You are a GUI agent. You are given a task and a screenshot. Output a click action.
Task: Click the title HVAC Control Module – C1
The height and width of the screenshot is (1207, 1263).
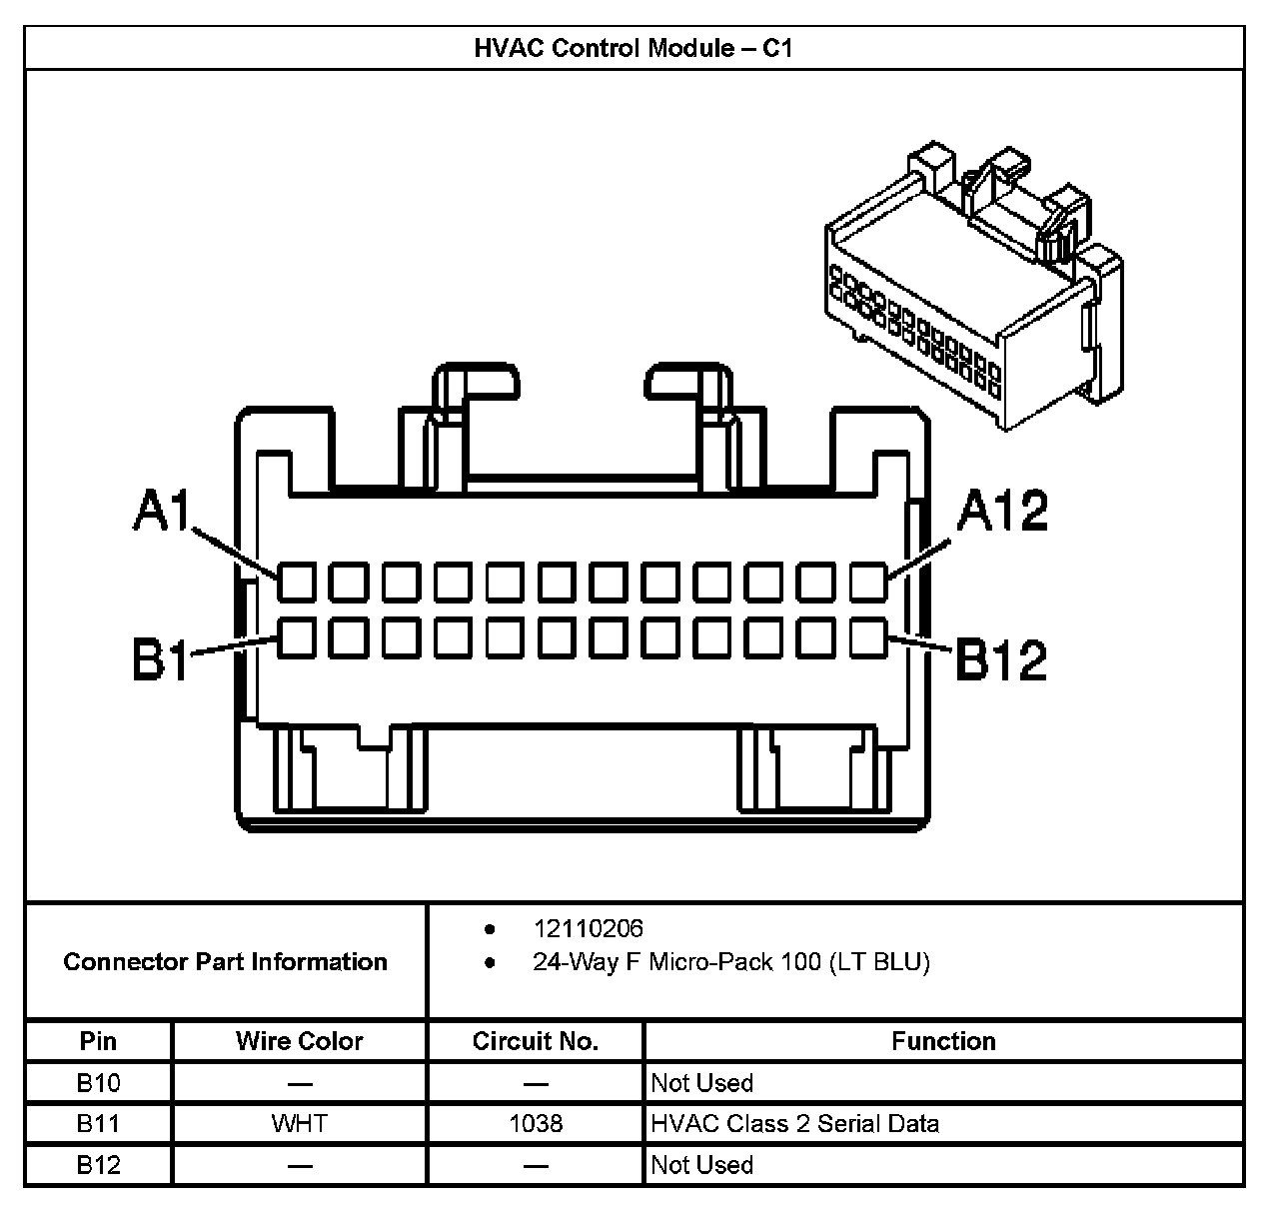coord(633,48)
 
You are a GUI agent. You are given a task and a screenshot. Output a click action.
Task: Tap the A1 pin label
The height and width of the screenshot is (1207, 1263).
coord(162,512)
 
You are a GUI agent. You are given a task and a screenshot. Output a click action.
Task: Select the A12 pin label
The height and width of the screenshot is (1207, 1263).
coord(1002,511)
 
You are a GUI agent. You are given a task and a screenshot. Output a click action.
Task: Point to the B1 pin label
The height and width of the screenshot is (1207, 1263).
coord(160,659)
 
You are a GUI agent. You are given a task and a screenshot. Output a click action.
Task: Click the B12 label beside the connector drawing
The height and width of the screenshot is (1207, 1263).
coord(1001,659)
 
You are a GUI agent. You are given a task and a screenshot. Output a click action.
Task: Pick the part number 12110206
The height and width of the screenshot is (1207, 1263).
coord(588,929)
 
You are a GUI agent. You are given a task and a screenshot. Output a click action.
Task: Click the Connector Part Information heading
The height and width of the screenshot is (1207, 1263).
coord(225,962)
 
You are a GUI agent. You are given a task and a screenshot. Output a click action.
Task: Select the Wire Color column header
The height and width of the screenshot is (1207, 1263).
coord(299,1041)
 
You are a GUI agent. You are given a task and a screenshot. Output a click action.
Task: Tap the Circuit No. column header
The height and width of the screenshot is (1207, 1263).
coord(535,1041)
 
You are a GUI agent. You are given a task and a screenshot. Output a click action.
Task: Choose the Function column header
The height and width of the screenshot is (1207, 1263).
coord(943,1041)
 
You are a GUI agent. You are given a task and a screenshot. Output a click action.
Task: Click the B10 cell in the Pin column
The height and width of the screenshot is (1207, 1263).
coord(98,1083)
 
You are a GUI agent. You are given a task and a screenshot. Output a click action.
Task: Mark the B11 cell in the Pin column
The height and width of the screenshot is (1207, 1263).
coord(98,1124)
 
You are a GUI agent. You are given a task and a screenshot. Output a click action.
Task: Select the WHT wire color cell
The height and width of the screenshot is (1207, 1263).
coord(299,1124)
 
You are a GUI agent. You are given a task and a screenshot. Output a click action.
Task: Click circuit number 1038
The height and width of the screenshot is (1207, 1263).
coord(535,1124)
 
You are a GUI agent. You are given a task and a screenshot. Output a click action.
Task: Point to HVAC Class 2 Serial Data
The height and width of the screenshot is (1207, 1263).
coord(794,1124)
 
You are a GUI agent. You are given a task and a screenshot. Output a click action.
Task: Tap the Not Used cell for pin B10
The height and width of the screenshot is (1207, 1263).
coord(701,1083)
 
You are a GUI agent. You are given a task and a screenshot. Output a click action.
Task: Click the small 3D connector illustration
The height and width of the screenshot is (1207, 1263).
coord(969,290)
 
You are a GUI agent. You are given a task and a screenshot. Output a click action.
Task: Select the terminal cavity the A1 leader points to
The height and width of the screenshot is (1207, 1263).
coord(296,582)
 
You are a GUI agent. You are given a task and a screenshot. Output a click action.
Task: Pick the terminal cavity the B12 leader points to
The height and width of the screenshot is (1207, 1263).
coord(868,637)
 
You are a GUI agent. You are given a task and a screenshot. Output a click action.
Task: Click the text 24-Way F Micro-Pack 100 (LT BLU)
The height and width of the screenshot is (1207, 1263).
coord(730,963)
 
